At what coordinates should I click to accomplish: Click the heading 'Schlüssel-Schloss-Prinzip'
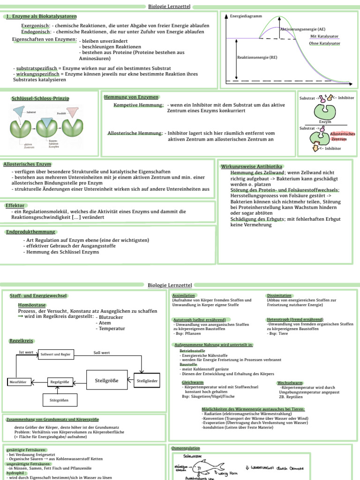coord(40,98)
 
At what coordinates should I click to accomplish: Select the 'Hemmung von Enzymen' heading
coord(131,97)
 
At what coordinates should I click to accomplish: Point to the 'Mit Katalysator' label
coord(324,36)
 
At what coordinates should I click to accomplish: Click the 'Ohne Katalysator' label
coord(324,43)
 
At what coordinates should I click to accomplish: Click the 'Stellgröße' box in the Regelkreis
coord(106,380)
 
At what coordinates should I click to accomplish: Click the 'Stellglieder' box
coord(147,381)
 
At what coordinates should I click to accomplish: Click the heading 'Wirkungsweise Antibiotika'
coord(251,166)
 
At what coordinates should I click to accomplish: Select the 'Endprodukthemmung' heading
coord(31,232)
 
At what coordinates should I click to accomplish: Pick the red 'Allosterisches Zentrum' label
coord(342,136)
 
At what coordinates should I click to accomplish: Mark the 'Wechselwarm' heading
coord(290,382)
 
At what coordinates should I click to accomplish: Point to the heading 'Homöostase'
coord(32,305)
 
